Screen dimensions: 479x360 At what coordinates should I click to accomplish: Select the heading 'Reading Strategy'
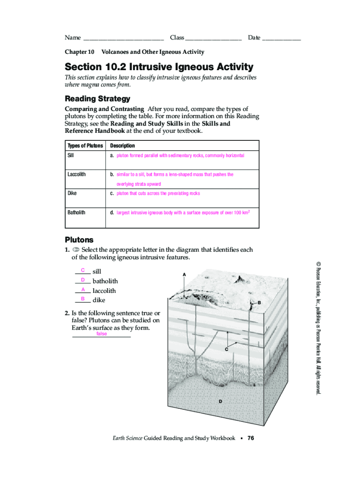pyautogui.click(x=97, y=99)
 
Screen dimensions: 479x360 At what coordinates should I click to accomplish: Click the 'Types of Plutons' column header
pyautogui.click(x=85, y=146)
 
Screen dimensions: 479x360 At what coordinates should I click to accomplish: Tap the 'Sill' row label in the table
pyautogui.click(x=71, y=155)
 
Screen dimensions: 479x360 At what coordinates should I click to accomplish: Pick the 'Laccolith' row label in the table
pyautogui.click(x=77, y=174)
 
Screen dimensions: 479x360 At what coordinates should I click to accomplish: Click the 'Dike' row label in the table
pyautogui.click(x=72, y=193)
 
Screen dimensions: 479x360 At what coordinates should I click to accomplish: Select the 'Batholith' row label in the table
pyautogui.click(x=77, y=212)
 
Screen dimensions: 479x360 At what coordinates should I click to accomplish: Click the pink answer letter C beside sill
pyautogui.click(x=82, y=270)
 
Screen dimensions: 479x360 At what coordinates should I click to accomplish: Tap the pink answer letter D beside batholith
pyautogui.click(x=82, y=280)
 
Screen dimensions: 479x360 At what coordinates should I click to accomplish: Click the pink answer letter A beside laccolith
pyautogui.click(x=82, y=290)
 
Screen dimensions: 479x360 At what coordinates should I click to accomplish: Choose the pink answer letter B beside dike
pyautogui.click(x=82, y=298)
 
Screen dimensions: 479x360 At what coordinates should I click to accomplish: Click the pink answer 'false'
pyautogui.click(x=101, y=334)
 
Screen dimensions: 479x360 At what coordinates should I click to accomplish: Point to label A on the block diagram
pyautogui.click(x=185, y=274)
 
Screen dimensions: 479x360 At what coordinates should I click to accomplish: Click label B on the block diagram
pyautogui.click(x=259, y=303)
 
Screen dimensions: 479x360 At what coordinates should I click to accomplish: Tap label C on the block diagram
pyautogui.click(x=226, y=349)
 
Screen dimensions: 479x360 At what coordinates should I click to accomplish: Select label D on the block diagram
pyautogui.click(x=220, y=401)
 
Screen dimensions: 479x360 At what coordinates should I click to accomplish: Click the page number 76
pyautogui.click(x=251, y=438)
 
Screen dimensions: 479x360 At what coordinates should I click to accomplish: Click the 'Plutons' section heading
pyautogui.click(x=79, y=239)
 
